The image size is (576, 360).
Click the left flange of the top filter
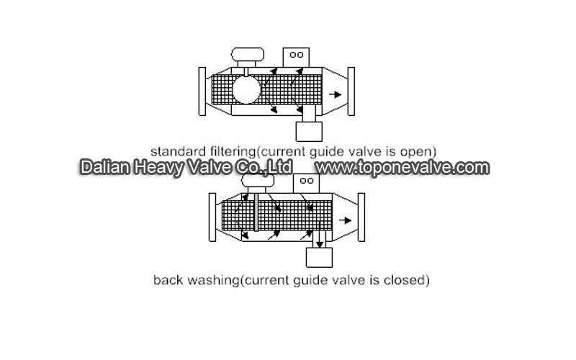pos(202,91)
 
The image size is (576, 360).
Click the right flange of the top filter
pos(351,91)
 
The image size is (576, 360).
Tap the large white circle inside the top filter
pos(246,89)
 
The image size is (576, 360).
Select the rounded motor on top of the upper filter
pos(248,55)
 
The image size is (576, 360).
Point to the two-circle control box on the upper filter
pos(296,58)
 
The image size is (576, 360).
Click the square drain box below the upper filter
pos(309,132)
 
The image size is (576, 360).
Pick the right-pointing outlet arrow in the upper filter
pos(335,94)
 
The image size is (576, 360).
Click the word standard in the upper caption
pos(178,151)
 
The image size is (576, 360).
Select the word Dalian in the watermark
pos(105,167)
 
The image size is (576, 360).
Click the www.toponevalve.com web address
pos(402,168)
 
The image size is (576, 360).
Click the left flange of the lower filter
pos(212,217)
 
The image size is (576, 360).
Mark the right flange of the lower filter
pos(361,217)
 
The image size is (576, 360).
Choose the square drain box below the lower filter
pos(319,258)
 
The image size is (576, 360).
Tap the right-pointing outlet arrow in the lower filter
pos(346,220)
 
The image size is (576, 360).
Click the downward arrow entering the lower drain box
pos(320,239)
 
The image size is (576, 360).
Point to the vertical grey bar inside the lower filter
pos(256,212)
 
